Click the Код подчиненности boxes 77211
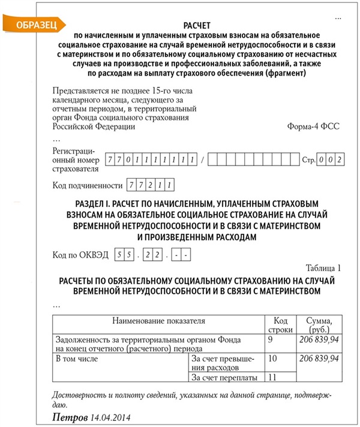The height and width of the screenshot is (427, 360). point(148,185)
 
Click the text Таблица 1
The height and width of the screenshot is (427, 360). point(323,267)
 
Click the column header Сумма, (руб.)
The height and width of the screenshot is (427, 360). point(319,324)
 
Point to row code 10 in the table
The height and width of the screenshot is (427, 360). point(272,359)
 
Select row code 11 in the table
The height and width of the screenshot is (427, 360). point(272,377)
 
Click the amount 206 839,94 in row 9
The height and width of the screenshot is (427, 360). point(319,339)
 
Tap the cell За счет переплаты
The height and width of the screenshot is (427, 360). point(224,378)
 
